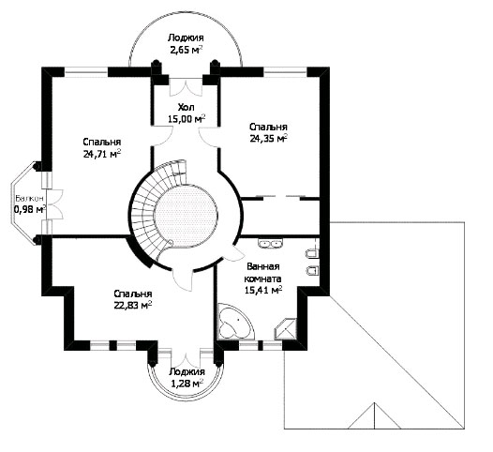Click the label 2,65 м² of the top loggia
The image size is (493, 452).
click(186, 50)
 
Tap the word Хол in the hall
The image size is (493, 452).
click(187, 108)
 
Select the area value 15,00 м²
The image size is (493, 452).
click(187, 119)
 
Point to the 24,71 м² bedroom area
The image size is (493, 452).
click(102, 154)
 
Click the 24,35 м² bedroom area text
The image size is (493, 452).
click(268, 139)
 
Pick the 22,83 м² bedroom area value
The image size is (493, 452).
click(133, 305)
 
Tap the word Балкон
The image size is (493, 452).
click(30, 199)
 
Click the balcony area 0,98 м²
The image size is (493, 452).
click(30, 209)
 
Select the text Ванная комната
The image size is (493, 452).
click(263, 273)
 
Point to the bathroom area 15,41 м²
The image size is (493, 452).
click(263, 290)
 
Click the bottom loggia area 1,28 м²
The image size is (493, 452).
click(187, 384)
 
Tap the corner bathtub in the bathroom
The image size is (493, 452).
click(234, 322)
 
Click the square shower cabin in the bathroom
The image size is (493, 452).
click(286, 329)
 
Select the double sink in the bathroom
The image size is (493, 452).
click(270, 243)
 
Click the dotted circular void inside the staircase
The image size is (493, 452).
click(187, 216)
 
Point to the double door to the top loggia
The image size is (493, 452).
click(186, 87)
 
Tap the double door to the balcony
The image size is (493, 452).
click(54, 204)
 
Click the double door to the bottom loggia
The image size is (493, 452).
click(186, 358)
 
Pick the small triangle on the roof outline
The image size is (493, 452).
click(375, 415)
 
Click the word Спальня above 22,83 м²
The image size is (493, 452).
click(133, 294)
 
